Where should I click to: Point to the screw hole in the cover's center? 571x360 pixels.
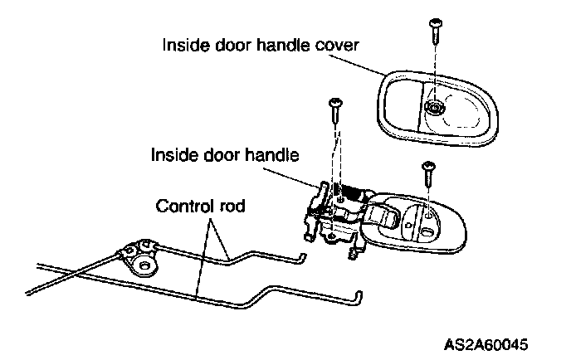point(433,107)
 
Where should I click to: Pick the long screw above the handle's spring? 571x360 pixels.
point(336,108)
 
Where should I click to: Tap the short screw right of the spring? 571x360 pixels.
point(429,172)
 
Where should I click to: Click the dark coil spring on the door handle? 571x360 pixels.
point(354,196)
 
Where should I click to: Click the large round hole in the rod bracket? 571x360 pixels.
point(148,265)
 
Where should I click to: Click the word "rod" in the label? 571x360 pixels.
point(231,205)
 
